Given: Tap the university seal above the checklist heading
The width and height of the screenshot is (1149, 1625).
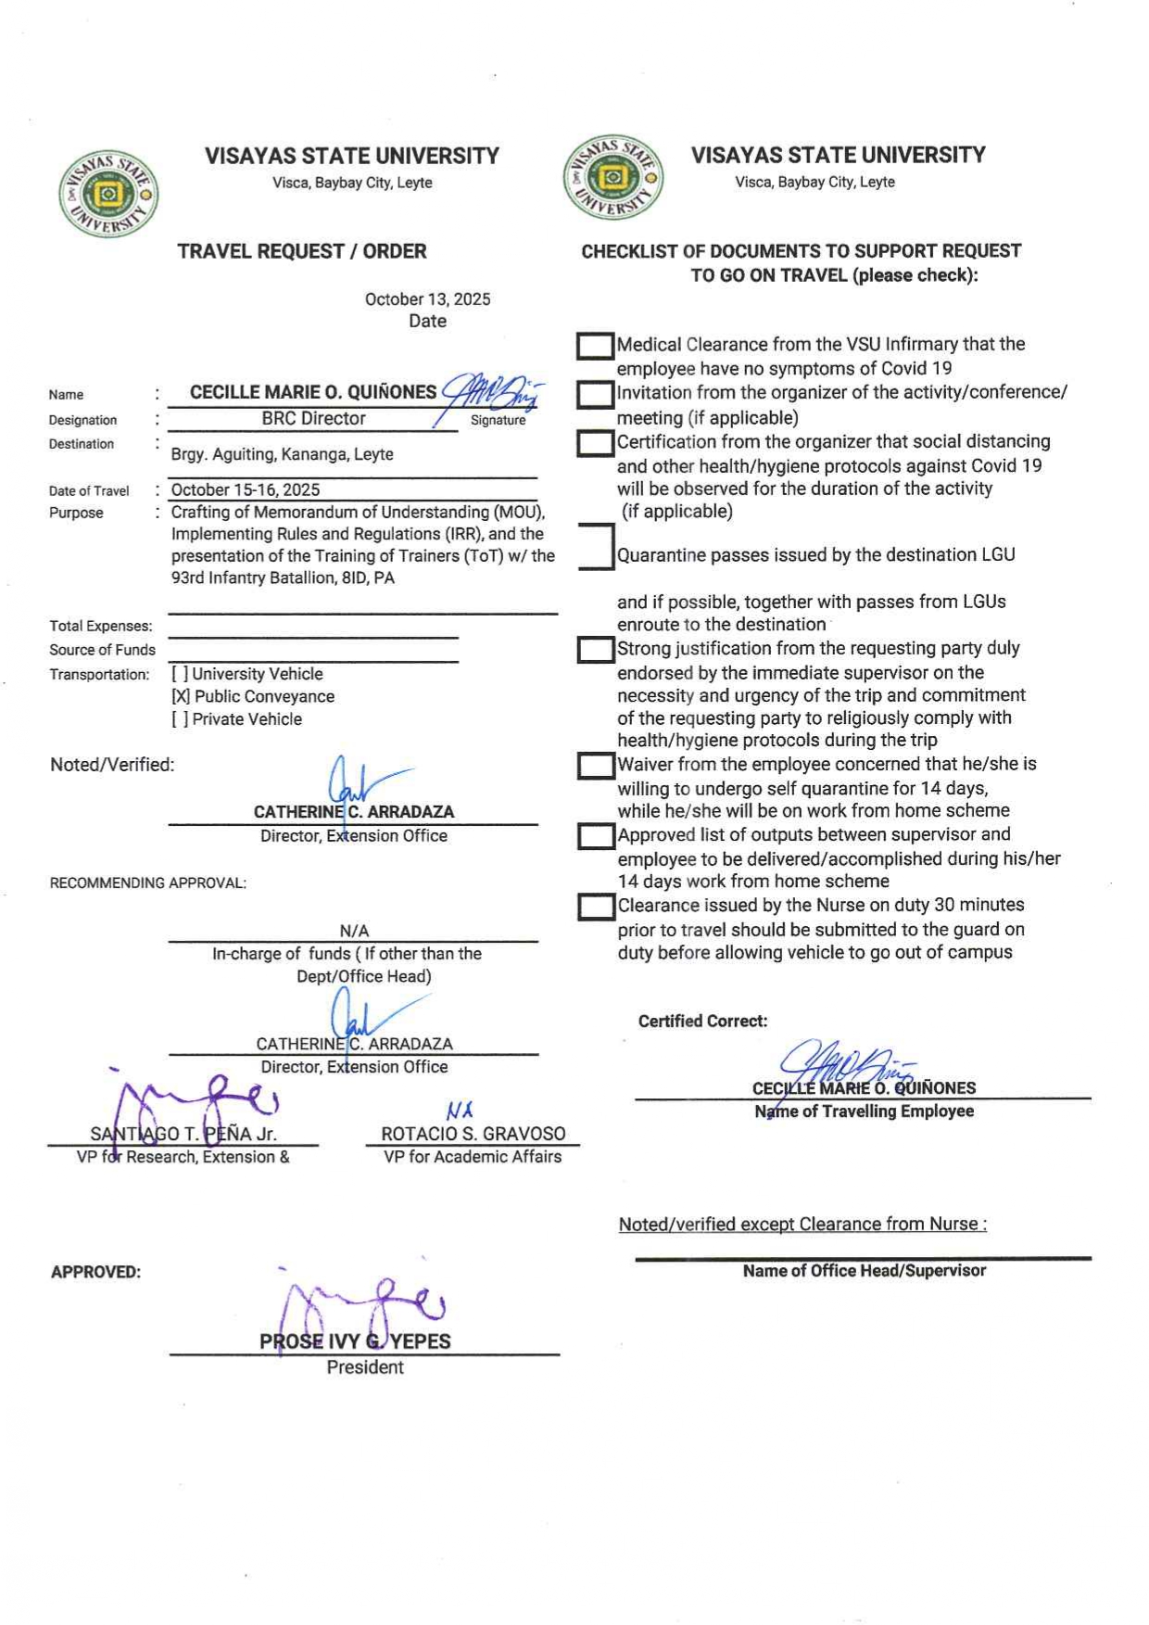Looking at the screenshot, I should [612, 177].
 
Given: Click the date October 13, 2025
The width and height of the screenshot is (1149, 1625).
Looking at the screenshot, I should [427, 299].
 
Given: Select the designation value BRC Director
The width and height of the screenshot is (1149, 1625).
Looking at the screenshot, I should [313, 419].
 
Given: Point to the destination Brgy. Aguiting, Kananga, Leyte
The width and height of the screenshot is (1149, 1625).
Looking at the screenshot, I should [282, 454].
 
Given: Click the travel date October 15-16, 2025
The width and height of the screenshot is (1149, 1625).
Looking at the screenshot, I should [246, 490].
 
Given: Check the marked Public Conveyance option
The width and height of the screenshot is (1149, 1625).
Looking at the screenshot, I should [253, 697].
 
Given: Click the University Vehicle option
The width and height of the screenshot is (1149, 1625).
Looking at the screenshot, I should [247, 675].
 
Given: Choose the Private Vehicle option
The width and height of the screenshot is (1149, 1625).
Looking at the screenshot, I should [237, 719].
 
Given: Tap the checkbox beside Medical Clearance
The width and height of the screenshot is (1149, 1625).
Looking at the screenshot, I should [595, 347].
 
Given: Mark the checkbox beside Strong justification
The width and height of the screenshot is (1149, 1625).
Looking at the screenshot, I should [595, 650].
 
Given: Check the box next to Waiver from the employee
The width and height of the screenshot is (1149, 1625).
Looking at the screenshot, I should [595, 766].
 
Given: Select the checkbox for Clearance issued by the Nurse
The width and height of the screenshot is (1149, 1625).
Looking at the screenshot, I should [595, 907].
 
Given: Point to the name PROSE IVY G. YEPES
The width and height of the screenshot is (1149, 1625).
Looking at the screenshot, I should [355, 1341].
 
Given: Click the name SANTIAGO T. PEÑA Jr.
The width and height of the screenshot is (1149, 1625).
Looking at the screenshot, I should [183, 1134].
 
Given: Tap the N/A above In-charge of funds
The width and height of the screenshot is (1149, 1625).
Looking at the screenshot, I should [354, 931].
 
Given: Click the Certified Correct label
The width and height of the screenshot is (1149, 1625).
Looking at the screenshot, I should [702, 1022].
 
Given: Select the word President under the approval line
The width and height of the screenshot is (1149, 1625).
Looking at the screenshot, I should [364, 1367].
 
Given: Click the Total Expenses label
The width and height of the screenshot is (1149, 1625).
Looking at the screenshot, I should [101, 627].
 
